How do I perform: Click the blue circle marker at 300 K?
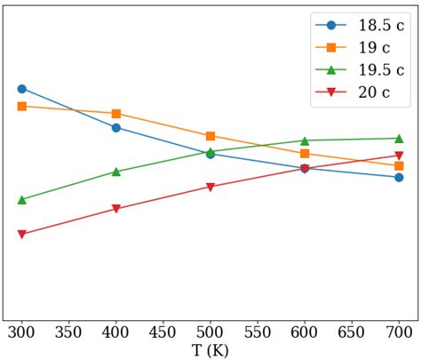tap(21, 89)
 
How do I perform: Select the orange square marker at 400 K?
tap(116, 114)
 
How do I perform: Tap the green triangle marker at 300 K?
tap(21, 199)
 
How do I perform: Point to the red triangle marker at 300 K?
tap(21, 235)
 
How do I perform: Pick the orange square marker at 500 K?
tap(210, 136)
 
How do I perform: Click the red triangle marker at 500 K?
tap(210, 188)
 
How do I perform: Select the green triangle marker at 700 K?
tap(399, 138)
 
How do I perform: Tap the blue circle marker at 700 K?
tap(399, 178)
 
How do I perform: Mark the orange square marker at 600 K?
tap(305, 154)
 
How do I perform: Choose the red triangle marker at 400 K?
tap(116, 210)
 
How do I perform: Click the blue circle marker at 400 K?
tap(116, 128)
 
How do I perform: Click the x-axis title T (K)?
tap(210, 350)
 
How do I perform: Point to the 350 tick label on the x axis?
tap(68, 332)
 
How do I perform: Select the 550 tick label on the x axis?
tap(258, 332)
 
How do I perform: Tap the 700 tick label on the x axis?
tap(399, 332)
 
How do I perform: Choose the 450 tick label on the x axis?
tap(163, 332)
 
